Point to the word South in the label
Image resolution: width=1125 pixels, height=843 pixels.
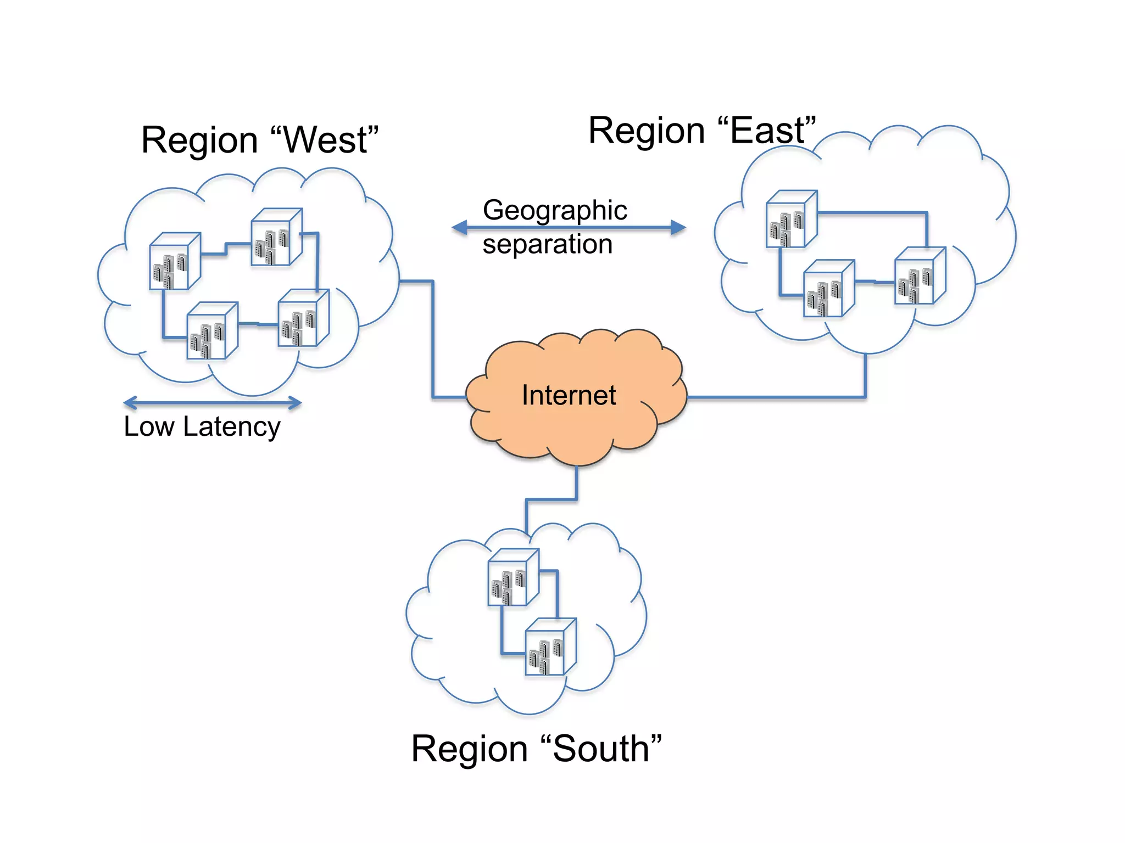tap(601, 749)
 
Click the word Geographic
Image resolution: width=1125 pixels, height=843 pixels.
tap(555, 210)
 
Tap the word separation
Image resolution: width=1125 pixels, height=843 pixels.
tap(548, 244)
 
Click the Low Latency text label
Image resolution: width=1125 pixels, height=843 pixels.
tap(202, 427)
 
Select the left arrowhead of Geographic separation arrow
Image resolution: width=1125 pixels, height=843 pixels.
tap(459, 227)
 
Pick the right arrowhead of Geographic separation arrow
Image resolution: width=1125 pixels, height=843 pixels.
tap(679, 227)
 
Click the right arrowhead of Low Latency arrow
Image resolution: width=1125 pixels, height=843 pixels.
tap(296, 403)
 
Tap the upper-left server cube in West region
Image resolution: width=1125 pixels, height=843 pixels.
tap(175, 262)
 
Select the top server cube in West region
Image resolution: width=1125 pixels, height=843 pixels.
tap(276, 237)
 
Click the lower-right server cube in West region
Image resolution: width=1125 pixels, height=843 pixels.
tap(303, 318)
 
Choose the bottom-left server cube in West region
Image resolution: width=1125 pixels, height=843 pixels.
tap(212, 331)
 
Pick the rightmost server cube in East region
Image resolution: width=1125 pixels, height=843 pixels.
tap(920, 276)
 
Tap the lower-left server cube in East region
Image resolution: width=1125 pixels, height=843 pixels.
tap(828, 289)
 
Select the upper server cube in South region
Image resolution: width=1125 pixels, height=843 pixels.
tap(513, 578)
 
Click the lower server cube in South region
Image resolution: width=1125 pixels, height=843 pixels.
tap(550, 648)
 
